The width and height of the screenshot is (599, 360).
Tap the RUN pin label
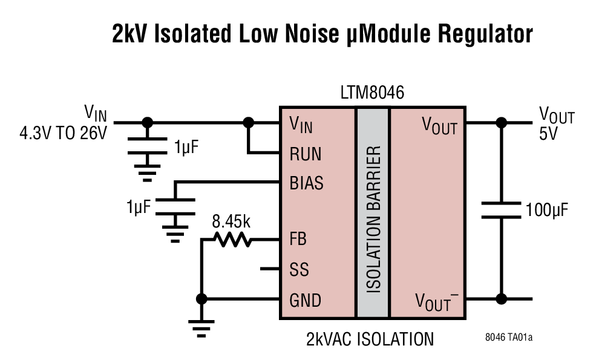[306, 154]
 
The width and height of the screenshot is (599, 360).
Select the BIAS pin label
[307, 183]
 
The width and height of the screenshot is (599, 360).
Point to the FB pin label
[298, 240]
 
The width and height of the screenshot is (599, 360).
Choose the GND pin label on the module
[306, 300]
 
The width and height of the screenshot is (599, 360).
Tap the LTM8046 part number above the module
[372, 94]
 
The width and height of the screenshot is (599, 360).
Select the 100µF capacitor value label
[546, 211]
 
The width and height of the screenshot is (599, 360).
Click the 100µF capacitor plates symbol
[501, 211]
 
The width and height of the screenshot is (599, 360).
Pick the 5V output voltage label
[548, 133]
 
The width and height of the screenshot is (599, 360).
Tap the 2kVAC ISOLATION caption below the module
[370, 339]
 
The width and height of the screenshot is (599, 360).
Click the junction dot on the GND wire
[201, 299]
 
